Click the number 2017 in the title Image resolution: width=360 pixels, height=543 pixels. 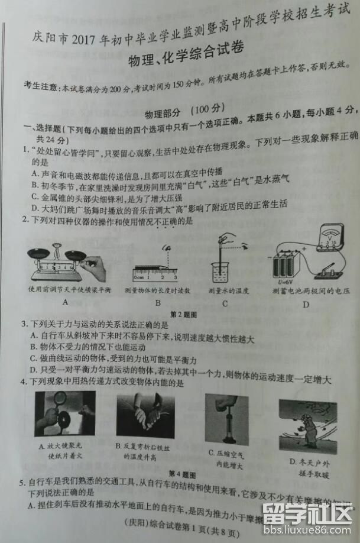point(87,39)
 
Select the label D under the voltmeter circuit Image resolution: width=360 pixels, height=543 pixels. point(306,305)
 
